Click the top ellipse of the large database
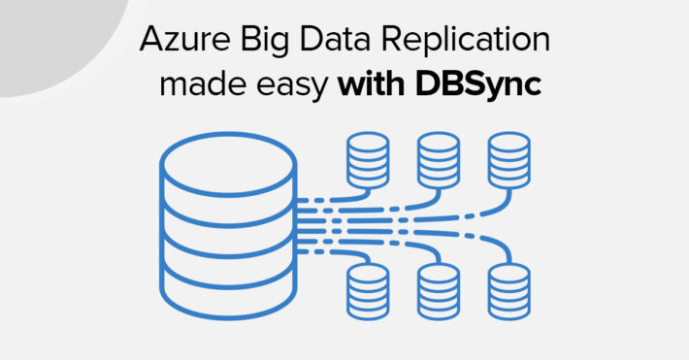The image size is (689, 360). [228, 161]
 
